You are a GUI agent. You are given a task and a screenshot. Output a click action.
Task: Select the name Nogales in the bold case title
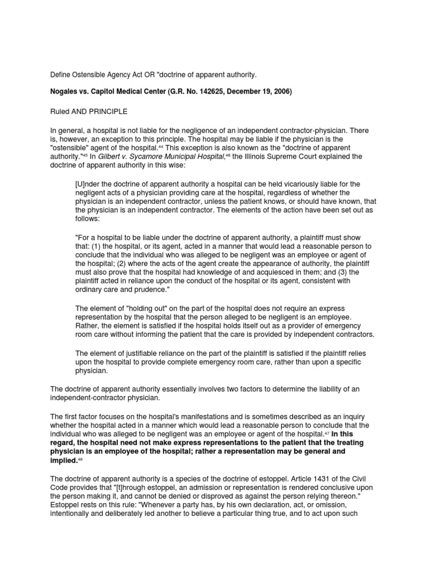coord(66,91)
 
